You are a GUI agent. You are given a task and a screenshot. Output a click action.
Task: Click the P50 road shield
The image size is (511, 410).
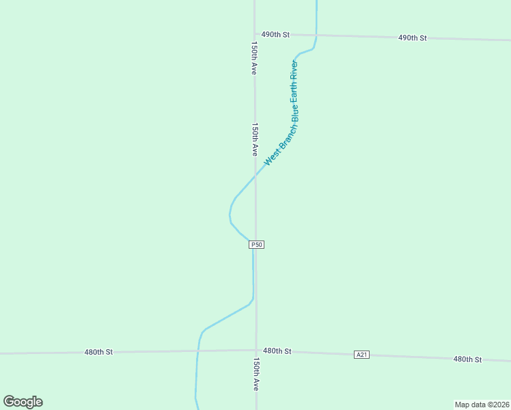pyautogui.click(x=256, y=244)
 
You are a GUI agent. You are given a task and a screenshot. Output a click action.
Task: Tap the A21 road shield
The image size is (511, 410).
pyautogui.click(x=362, y=354)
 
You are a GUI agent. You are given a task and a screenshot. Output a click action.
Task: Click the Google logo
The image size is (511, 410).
pyautogui.click(x=23, y=402)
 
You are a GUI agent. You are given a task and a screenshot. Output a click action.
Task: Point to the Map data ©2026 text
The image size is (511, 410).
pyautogui.click(x=482, y=405)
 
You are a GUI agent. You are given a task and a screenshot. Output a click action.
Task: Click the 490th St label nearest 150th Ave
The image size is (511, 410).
pyautogui.click(x=276, y=34)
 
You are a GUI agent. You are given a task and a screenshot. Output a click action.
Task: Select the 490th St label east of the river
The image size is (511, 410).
pyautogui.click(x=413, y=38)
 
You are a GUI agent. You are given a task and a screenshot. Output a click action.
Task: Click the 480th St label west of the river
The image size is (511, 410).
pyautogui.click(x=98, y=352)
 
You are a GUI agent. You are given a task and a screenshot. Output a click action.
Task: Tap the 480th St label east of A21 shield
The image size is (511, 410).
pyautogui.click(x=468, y=359)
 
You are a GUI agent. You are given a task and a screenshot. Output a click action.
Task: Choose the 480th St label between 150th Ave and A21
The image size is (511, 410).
pyautogui.click(x=277, y=351)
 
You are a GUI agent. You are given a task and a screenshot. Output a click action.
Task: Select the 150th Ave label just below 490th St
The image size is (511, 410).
pyautogui.click(x=254, y=58)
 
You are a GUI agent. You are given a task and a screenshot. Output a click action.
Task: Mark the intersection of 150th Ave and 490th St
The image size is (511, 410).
pyautogui.click(x=255, y=33)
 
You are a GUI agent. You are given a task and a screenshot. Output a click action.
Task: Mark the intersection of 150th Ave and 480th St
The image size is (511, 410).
pyautogui.click(x=256, y=351)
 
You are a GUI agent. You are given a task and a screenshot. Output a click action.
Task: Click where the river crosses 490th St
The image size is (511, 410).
pyautogui.click(x=316, y=35)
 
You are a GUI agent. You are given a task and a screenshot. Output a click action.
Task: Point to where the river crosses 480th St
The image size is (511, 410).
pyautogui.click(x=197, y=351)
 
